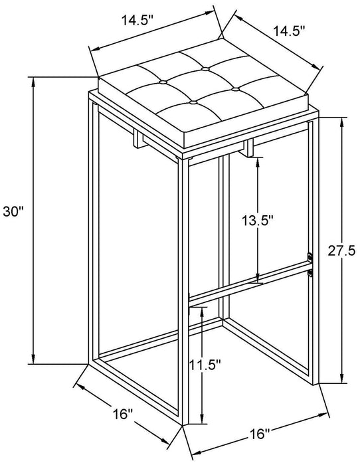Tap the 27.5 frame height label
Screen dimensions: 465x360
coord(345,250)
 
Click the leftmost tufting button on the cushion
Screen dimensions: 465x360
coord(163,83)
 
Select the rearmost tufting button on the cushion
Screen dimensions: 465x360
coord(205,68)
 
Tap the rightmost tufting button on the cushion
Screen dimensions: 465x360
coord(234,88)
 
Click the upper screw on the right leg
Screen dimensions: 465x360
coord(310,256)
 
